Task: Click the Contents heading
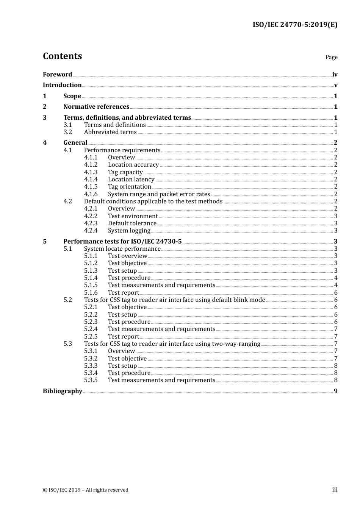coord(62,56)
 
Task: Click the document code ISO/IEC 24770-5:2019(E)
coord(295,25)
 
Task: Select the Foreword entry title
coord(57,75)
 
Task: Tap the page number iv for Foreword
coord(335,75)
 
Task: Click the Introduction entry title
coord(62,85)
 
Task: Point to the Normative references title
coord(96,107)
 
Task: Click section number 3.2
coord(67,132)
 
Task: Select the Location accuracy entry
coord(133,165)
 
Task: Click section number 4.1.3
coord(91,172)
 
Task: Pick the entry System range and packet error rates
coord(159,194)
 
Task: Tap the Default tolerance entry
coord(132,223)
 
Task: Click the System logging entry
coord(129,231)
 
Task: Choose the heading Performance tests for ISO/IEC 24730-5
coord(122,242)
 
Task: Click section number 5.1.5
coord(91,285)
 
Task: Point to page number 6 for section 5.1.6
coord(336,293)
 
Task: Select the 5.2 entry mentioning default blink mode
coord(174,300)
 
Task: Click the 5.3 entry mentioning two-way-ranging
coord(172,344)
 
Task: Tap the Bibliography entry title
coord(63,391)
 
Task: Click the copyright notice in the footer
coord(86,490)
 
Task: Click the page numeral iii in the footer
coord(335,490)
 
